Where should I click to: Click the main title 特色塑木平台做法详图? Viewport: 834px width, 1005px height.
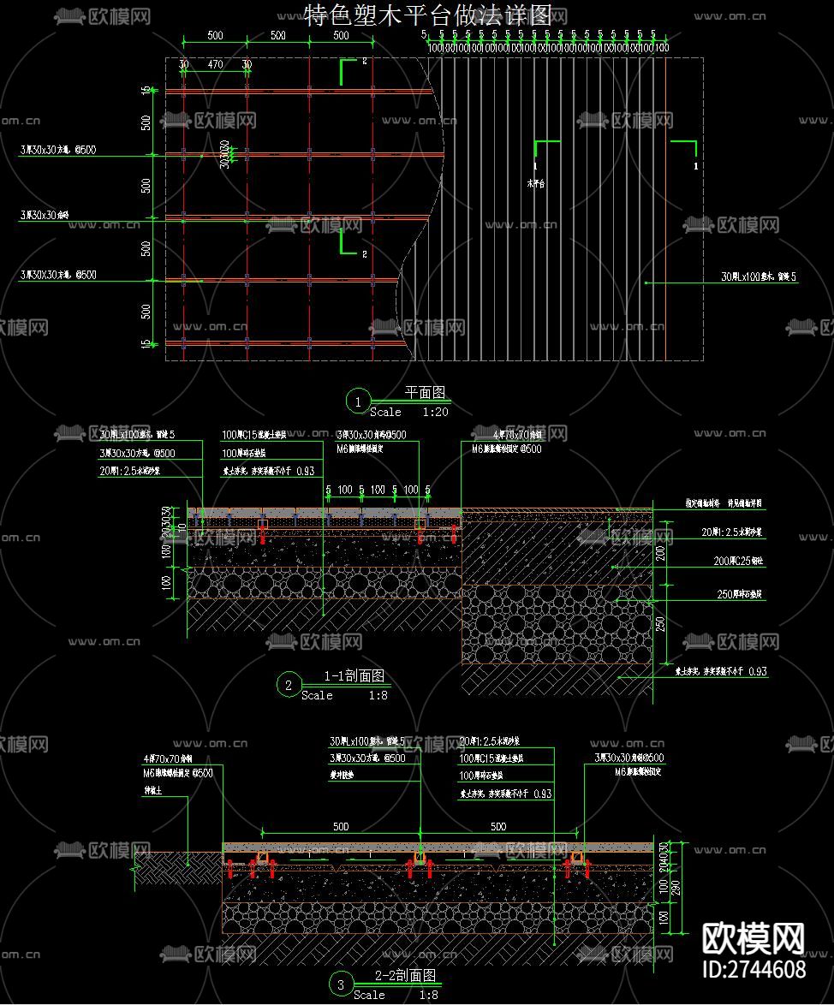click(x=435, y=15)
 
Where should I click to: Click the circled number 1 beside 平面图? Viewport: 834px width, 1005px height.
click(x=357, y=401)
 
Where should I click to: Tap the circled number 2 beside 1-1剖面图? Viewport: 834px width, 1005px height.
click(x=289, y=685)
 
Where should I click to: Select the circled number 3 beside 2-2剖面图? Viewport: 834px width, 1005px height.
click(x=341, y=985)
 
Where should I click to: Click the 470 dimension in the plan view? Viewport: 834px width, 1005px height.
click(x=215, y=64)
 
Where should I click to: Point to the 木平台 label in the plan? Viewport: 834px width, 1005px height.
click(x=536, y=183)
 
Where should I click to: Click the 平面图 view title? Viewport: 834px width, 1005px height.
click(x=425, y=393)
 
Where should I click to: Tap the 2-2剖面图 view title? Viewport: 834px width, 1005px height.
click(x=406, y=976)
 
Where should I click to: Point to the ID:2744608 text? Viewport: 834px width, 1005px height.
click(x=753, y=969)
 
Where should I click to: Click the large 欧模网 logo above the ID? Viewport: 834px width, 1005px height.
click(x=754, y=939)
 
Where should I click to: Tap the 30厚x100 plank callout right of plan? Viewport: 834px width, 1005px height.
click(x=759, y=277)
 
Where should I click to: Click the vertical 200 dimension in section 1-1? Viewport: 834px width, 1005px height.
click(x=659, y=553)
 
